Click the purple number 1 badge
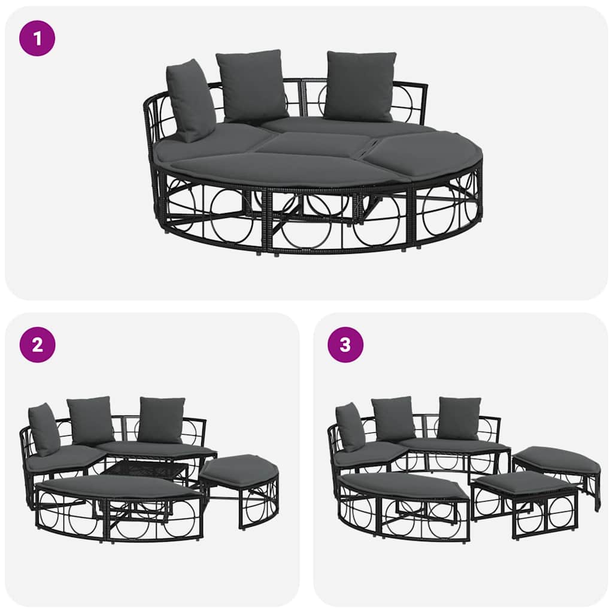(x=38, y=38)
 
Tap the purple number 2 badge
(x=38, y=345)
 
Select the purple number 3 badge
(x=345, y=345)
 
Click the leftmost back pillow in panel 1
(x=190, y=101)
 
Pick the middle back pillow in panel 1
(x=251, y=85)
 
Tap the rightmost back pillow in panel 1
(x=360, y=86)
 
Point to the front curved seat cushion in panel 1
(x=281, y=169)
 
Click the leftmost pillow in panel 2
(x=44, y=429)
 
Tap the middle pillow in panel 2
(x=90, y=420)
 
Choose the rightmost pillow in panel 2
(x=160, y=419)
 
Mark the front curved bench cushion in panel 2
(x=117, y=486)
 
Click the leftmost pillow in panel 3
(x=350, y=427)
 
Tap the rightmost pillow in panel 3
(x=458, y=418)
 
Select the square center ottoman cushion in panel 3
(x=524, y=482)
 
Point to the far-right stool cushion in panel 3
(x=557, y=459)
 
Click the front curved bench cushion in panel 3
(x=401, y=485)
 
